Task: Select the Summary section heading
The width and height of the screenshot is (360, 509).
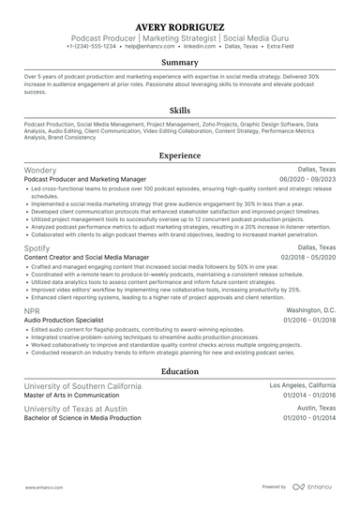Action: (x=179, y=63)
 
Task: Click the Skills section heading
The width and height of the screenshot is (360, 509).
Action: (x=179, y=109)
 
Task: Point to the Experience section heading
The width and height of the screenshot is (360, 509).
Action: (x=179, y=155)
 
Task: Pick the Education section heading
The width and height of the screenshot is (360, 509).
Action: (x=179, y=371)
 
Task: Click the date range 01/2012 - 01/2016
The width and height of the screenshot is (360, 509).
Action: (x=308, y=419)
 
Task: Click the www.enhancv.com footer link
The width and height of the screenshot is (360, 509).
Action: (x=43, y=487)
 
